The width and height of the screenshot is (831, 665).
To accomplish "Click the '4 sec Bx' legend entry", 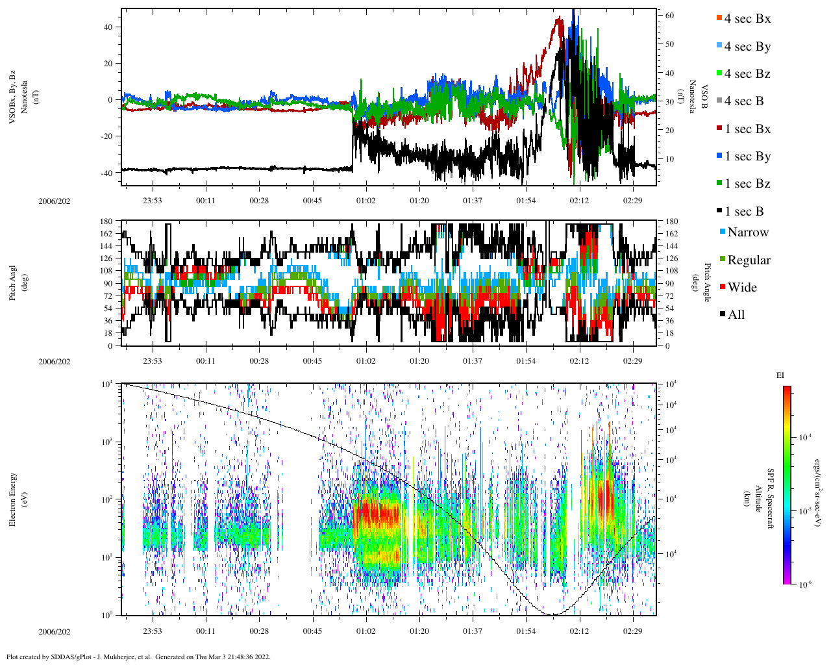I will [747, 19].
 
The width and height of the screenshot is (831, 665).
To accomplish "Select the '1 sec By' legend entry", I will [747, 157].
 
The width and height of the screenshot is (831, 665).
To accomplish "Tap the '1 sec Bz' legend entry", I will [747, 184].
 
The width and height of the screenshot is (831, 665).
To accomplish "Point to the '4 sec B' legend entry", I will [743, 101].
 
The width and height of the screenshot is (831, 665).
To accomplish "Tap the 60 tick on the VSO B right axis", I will [669, 16].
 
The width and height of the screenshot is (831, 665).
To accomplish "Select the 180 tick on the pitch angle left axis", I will [106, 221].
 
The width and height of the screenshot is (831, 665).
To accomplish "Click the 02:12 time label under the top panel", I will [579, 201].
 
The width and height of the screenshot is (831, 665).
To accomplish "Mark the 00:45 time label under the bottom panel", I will [312, 631].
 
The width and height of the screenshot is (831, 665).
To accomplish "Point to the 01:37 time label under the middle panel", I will [473, 361].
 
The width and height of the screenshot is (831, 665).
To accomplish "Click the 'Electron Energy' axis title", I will [13, 499].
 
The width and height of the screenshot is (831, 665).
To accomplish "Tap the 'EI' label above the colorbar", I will [780, 375].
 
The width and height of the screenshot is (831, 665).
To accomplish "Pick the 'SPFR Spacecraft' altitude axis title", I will [771, 499].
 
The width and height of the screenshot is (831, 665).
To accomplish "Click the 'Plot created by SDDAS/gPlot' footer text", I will [138, 657].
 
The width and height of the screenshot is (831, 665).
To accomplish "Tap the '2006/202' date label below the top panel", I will [55, 201].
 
